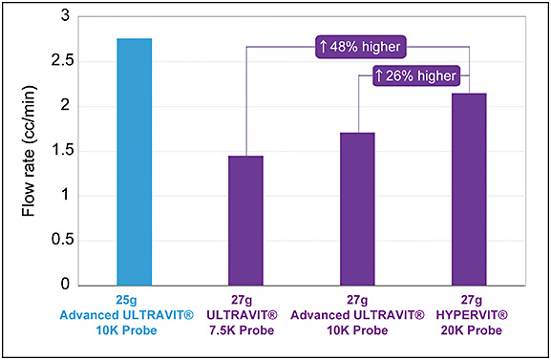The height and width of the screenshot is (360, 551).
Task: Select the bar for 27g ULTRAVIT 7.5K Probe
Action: click(247, 221)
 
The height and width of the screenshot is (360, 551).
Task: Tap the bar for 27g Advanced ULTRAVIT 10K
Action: click(359, 209)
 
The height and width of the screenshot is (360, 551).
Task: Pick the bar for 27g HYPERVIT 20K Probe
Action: click(470, 189)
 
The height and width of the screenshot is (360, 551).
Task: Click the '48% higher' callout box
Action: click(359, 46)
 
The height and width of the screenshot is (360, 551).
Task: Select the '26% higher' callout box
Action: click(414, 75)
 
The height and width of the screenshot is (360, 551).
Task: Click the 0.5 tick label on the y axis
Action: click(59, 241)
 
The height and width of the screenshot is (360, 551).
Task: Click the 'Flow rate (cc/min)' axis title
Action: click(29, 151)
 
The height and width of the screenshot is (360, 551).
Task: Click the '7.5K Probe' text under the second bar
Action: click(247, 331)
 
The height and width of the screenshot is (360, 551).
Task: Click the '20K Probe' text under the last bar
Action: click(470, 331)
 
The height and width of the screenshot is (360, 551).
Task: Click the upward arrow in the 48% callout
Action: click(324, 46)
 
